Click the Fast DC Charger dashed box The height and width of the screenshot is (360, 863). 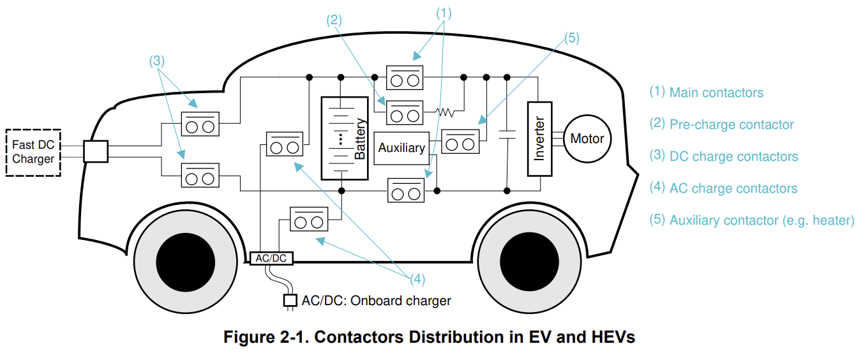click(33, 153)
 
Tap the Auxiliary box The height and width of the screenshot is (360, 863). click(401, 147)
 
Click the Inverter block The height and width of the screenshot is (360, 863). click(539, 138)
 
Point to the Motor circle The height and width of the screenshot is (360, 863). click(587, 139)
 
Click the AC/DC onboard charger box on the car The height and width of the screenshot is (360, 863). click(270, 259)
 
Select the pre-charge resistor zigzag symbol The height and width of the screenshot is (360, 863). click(445, 112)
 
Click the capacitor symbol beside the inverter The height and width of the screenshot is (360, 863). click(507, 135)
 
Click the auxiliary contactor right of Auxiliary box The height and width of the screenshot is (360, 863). click(460, 142)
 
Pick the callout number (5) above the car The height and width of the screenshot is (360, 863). click(571, 38)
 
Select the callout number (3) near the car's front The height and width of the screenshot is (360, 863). click(157, 61)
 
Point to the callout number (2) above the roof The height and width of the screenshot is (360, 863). click(334, 19)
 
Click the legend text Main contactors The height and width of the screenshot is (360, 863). click(716, 93)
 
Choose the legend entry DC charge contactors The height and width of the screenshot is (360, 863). click(733, 156)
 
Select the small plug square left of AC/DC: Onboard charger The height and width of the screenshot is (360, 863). click(290, 300)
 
